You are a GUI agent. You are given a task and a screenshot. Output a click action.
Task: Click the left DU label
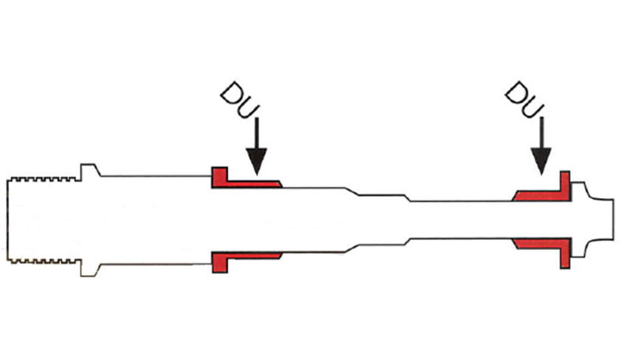(x=240, y=100)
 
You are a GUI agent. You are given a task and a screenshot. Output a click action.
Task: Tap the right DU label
(x=524, y=100)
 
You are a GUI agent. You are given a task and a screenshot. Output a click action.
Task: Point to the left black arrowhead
(x=256, y=160)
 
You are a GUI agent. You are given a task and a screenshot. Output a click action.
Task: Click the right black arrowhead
(x=541, y=160)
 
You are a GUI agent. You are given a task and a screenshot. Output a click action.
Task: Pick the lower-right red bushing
(x=542, y=249)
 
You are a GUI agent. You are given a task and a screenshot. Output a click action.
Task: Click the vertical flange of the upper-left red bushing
(x=219, y=177)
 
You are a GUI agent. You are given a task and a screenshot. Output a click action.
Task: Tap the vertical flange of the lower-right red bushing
(x=565, y=254)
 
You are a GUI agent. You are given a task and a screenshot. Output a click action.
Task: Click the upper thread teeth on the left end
(x=44, y=179)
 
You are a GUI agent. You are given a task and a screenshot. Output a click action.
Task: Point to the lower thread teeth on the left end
(x=44, y=262)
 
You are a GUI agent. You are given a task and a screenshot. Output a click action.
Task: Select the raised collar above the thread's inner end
(x=90, y=170)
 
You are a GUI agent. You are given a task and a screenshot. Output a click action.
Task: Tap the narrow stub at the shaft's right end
(x=602, y=220)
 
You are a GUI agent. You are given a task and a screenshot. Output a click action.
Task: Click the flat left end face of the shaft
(x=7, y=220)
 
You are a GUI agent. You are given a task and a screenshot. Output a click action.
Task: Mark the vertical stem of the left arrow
(x=256, y=133)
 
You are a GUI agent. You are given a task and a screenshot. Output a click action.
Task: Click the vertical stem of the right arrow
(x=541, y=133)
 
